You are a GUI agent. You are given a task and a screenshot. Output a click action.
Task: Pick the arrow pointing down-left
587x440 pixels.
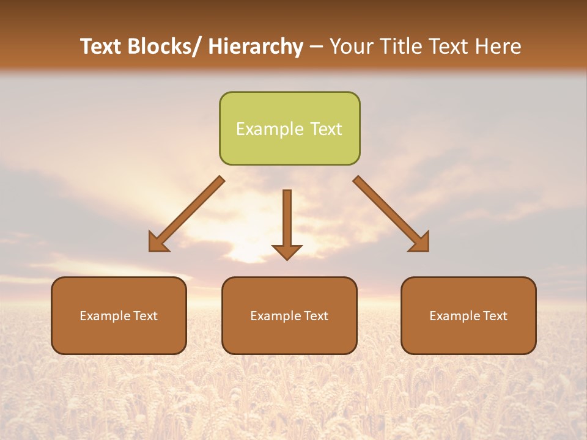pos(187,214)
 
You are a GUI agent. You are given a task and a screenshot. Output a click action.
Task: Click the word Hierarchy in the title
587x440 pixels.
pos(256,46)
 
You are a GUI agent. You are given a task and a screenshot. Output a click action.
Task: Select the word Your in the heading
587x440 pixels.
pos(351,46)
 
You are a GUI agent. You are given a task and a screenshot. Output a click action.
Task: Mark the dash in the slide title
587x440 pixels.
pos(316,46)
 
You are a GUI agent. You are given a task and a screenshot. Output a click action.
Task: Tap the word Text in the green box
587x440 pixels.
pos(325,129)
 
